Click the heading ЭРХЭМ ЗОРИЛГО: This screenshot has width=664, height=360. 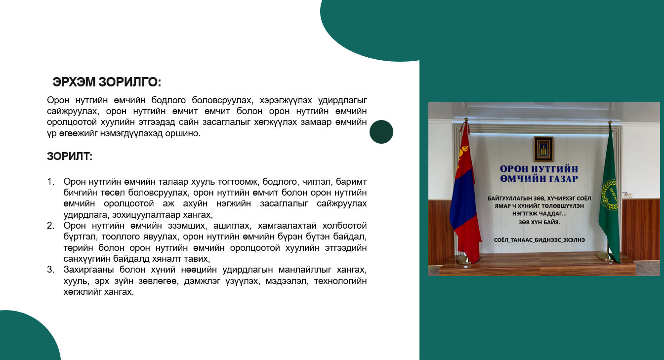point(107,82)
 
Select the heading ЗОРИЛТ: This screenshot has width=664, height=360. point(70,157)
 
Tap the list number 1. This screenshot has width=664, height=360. point(51,181)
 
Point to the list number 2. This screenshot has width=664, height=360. point(51,226)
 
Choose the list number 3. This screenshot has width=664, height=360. point(51,269)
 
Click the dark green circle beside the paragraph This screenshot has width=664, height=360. point(381,132)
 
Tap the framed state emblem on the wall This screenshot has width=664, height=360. point(543,149)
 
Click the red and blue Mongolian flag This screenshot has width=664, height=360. point(465,196)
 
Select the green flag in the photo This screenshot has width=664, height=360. point(609,196)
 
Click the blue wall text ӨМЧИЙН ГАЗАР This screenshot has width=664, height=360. point(539,179)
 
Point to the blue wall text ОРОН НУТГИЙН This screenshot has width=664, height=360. point(539,169)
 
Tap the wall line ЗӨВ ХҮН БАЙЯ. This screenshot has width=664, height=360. point(539,222)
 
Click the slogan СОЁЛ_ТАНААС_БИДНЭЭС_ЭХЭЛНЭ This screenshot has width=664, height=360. point(539,240)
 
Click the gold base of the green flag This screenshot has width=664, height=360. point(606,256)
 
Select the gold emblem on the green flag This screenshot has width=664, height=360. point(610,196)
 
